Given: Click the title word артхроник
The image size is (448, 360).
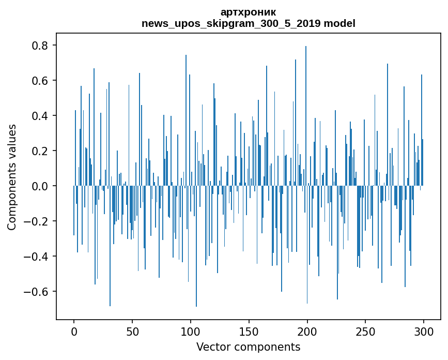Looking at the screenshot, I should point(248,12).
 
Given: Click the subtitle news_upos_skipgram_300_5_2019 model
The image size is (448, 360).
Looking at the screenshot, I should point(248,23).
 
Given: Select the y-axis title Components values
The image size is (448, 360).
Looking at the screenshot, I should point(12,177).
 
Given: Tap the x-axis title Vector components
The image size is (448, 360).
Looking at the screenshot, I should point(248,347).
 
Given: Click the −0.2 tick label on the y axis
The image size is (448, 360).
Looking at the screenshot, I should point(37,221).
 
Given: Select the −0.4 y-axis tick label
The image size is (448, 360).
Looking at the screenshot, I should point(37,257).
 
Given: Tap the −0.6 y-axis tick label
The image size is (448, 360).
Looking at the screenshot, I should point(37,292).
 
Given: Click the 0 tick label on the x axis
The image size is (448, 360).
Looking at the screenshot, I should point(74,331).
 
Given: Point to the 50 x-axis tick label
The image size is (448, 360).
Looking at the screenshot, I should point(132,331).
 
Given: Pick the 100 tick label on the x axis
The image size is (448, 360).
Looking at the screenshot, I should point(191,331).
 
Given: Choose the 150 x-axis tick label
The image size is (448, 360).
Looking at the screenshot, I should point(249,331).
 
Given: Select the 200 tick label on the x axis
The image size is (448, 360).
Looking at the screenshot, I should point(307,331).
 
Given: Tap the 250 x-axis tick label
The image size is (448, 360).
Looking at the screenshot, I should point(366,331).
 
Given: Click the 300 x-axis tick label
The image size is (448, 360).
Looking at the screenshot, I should point(424,331).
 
